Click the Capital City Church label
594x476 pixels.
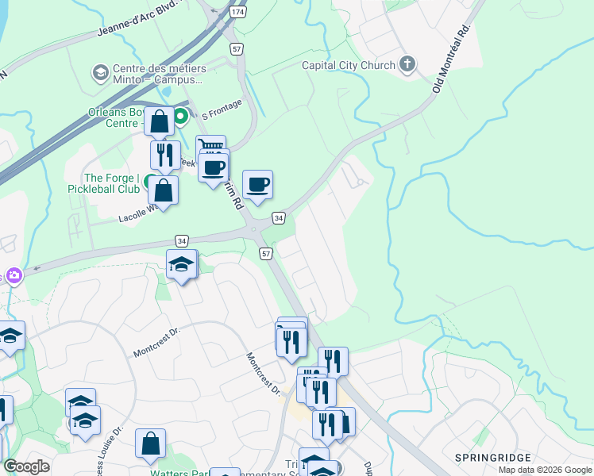(348, 66)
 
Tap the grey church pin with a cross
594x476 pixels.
(407, 65)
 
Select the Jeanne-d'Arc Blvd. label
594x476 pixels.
(138, 19)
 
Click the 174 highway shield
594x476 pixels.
(237, 13)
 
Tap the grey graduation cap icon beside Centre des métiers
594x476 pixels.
(100, 73)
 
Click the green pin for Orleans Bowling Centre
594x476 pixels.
(180, 117)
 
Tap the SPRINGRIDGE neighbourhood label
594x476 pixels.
(488, 458)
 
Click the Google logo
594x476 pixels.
(27, 466)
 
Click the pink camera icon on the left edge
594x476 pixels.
(13, 275)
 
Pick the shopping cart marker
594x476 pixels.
(210, 148)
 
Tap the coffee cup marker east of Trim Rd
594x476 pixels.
(257, 185)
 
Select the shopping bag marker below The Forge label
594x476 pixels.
(163, 190)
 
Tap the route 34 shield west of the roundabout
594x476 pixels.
(183, 240)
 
